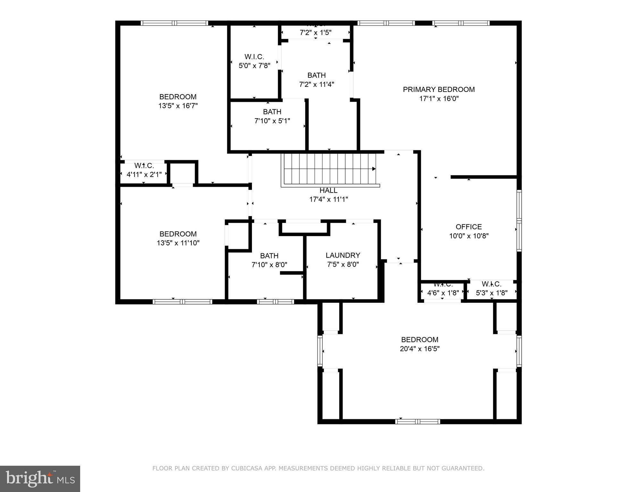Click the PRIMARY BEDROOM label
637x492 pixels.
[x=439, y=90]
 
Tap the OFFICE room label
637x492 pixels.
[x=468, y=227]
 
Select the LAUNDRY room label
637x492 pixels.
[x=343, y=255]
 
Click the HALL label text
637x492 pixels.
[x=328, y=191]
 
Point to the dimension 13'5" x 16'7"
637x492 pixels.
[x=178, y=106]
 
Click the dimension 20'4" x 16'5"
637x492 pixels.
[x=419, y=349]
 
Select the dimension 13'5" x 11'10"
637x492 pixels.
[x=178, y=243]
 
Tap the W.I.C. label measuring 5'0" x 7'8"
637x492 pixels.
[x=254, y=57]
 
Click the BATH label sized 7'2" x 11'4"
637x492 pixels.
[x=316, y=75]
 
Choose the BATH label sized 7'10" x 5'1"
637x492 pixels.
[x=272, y=112]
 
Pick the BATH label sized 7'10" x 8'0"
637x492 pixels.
[x=269, y=256]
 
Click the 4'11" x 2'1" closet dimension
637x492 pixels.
[x=144, y=175]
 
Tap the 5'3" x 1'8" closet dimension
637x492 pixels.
[x=491, y=293]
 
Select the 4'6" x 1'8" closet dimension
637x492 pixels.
[x=443, y=293]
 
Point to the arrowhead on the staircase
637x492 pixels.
[x=374, y=169]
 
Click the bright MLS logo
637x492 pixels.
[x=40, y=479]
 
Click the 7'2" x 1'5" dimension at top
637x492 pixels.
[x=315, y=33]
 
